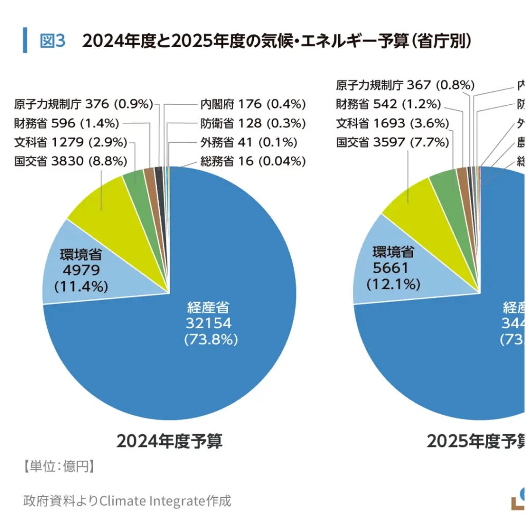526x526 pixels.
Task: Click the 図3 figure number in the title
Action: coord(52,41)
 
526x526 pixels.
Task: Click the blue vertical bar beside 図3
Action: coord(25,40)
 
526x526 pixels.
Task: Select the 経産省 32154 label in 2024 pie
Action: coord(208,323)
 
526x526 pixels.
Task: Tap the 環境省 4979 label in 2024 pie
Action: coord(81,270)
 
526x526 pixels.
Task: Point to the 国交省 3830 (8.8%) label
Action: coord(71,161)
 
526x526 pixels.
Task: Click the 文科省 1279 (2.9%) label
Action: coord(71,142)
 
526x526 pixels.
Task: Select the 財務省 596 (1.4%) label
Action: coord(67,123)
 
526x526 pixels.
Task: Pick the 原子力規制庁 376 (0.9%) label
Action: coord(84,104)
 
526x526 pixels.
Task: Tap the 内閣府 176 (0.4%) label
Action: coord(253,104)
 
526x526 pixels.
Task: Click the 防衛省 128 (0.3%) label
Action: coord(253,123)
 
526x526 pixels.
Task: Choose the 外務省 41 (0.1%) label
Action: coord(249,142)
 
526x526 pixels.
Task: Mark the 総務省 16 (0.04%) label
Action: coord(253,161)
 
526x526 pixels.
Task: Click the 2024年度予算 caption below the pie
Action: coord(170,441)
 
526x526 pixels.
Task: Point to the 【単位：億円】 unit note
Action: coord(58,466)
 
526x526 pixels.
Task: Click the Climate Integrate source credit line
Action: coord(127,500)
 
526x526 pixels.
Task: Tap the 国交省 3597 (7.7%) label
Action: coord(393,142)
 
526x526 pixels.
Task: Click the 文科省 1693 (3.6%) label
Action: coord(393,123)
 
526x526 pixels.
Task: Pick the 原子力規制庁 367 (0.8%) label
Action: coord(405,85)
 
